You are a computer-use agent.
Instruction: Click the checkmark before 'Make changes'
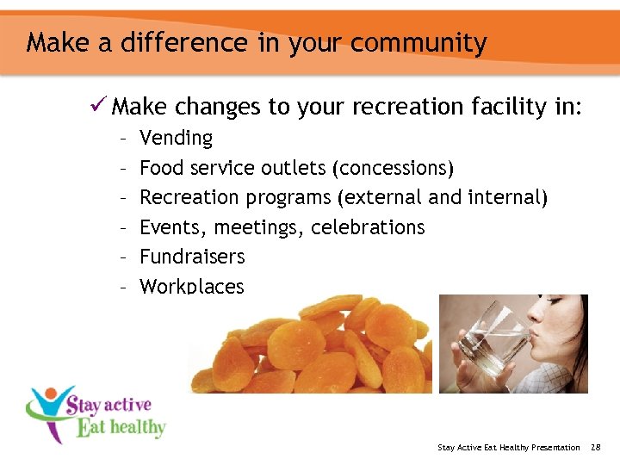click(x=96, y=106)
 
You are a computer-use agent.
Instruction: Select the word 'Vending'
click(x=176, y=138)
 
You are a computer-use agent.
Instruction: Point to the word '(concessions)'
click(x=398, y=168)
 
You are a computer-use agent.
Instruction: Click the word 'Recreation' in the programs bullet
click(x=189, y=197)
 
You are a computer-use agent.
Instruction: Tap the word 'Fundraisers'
click(x=192, y=257)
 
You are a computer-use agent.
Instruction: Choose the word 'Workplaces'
click(x=191, y=286)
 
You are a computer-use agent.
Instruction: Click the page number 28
click(x=595, y=447)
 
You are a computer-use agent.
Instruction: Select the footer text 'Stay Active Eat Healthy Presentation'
click(x=509, y=447)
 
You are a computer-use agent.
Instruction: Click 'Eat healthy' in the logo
click(x=121, y=426)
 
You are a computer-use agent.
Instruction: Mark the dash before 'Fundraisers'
click(x=124, y=257)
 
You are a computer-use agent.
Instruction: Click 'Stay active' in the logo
click(x=109, y=405)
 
